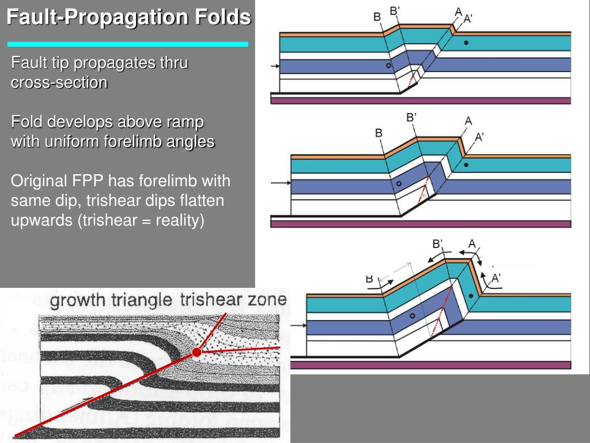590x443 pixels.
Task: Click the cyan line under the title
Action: (127, 44)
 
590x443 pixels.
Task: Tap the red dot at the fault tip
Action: (197, 352)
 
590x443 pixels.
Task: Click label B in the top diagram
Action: (377, 17)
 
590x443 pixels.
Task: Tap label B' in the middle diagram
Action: (411, 117)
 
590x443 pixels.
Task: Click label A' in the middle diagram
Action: (479, 137)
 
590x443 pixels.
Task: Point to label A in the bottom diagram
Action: (472, 243)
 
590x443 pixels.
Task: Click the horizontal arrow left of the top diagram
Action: (275, 67)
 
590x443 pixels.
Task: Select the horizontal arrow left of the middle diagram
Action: (280, 183)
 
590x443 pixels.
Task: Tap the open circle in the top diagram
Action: (389, 66)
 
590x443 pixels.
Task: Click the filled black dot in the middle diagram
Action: (466, 165)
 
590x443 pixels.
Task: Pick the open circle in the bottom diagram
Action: (412, 316)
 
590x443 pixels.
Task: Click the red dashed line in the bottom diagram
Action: (438, 316)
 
